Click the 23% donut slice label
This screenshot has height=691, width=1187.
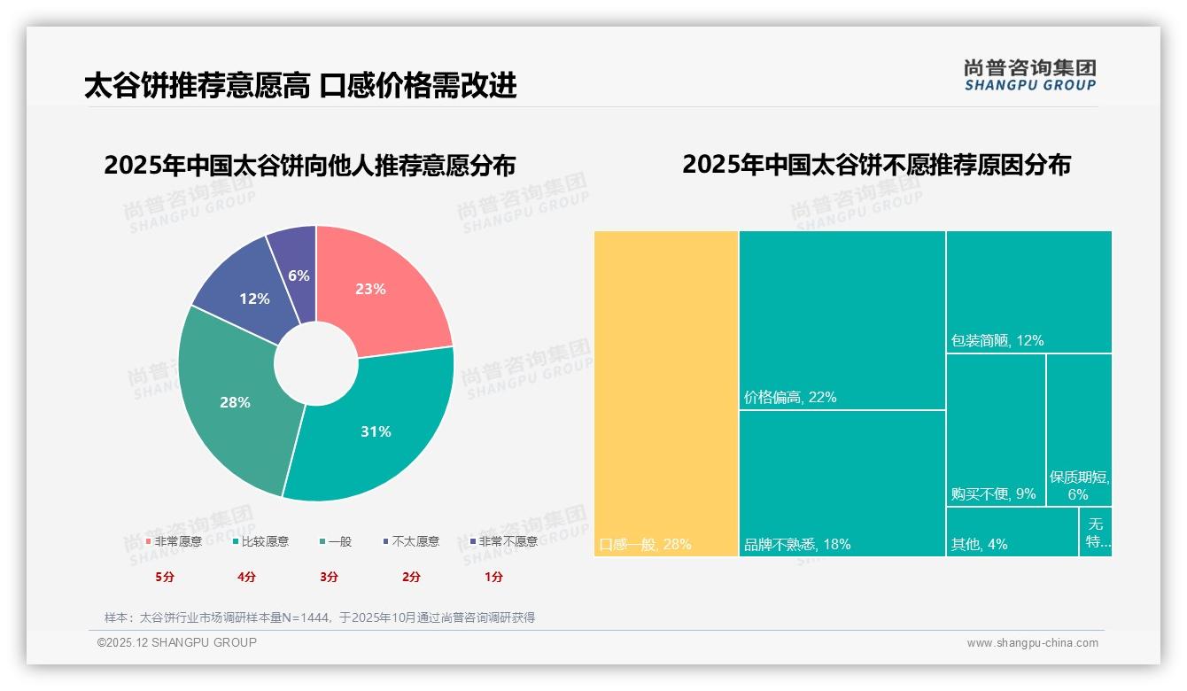point(370,289)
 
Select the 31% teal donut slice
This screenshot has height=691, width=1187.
point(376,431)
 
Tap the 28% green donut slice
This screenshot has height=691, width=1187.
point(235,402)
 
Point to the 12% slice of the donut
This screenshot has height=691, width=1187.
point(254,299)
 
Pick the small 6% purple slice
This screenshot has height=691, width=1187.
point(299,276)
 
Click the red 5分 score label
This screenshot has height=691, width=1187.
point(165,577)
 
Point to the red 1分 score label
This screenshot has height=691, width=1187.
point(493,577)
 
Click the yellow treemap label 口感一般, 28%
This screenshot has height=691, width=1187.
point(645,544)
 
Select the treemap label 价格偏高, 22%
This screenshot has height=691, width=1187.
point(790,397)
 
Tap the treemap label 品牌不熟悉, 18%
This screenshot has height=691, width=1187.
point(797,544)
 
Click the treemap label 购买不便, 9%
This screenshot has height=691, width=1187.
point(993,493)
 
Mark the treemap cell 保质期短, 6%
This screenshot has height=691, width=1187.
point(1079,485)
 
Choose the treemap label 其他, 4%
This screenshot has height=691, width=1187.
point(979,544)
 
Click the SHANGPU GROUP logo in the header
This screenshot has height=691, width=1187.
point(1030,75)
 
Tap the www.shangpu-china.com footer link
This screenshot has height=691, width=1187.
point(1032,643)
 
